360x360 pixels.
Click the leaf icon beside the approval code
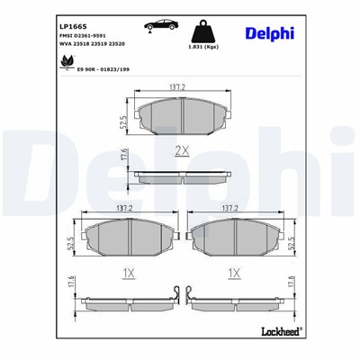coord(67,61)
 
